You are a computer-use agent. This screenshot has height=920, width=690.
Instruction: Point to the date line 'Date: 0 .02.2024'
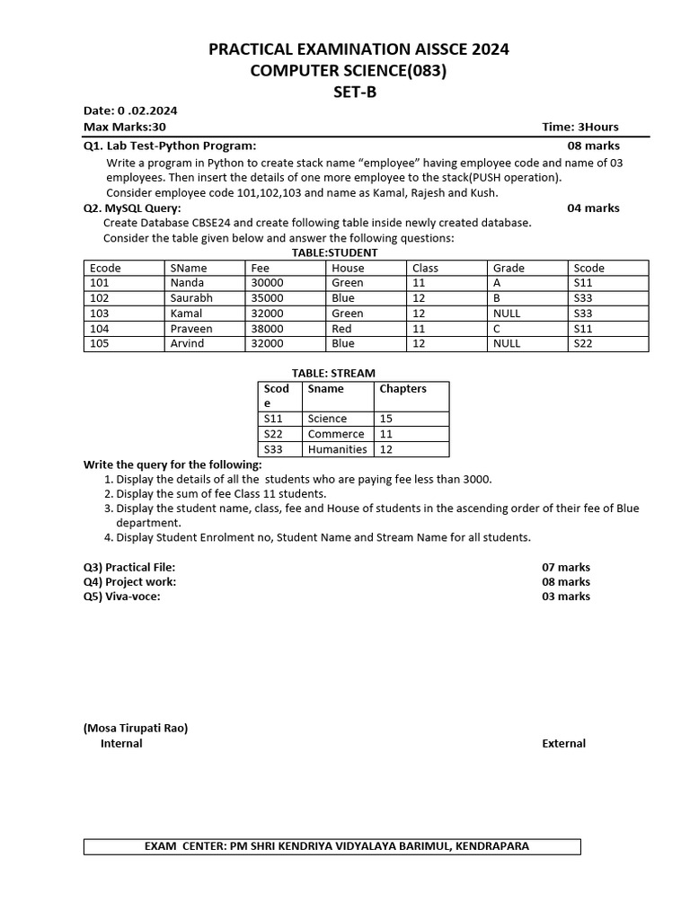(130, 111)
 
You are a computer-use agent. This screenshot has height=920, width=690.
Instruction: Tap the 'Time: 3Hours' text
(580, 127)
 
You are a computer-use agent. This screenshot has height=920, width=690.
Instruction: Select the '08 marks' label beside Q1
(593, 146)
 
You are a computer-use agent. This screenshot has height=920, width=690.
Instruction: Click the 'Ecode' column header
(106, 268)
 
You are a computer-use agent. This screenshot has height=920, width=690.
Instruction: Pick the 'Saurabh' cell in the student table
(191, 298)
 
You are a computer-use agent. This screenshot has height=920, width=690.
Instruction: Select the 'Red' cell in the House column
(341, 329)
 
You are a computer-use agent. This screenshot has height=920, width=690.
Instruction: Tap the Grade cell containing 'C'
(497, 329)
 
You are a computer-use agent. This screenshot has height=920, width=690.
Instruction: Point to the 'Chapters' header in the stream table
(402, 389)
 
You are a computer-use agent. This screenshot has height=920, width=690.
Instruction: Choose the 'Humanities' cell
(337, 449)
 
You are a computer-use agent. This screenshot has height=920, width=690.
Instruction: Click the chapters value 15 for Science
(386, 419)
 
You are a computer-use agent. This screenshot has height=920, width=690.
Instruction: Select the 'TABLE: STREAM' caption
(333, 373)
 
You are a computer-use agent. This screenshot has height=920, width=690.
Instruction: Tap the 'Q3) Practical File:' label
(129, 567)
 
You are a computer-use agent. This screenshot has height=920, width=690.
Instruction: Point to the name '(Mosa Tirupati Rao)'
(136, 728)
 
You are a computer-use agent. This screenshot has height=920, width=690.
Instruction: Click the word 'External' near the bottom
(563, 743)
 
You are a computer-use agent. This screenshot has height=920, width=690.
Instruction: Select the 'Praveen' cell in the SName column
(191, 329)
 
